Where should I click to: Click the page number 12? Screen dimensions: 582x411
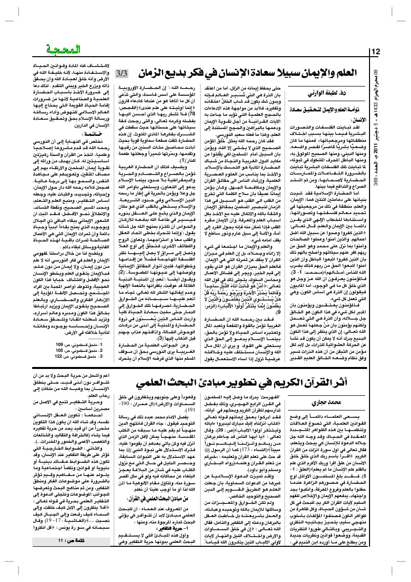point(375,51)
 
